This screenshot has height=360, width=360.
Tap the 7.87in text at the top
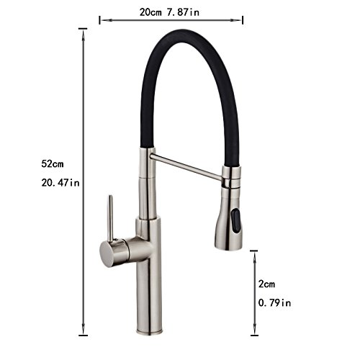click(x=183, y=12)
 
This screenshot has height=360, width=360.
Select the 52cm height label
click(x=53, y=164)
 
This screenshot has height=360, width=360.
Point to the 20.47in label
click(x=60, y=183)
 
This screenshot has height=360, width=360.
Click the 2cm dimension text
click(x=266, y=284)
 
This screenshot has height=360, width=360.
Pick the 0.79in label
click(x=274, y=303)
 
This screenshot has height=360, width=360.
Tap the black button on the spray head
click(x=235, y=220)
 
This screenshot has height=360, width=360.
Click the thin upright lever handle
click(x=110, y=218)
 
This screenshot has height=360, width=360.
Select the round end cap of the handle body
click(x=106, y=254)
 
